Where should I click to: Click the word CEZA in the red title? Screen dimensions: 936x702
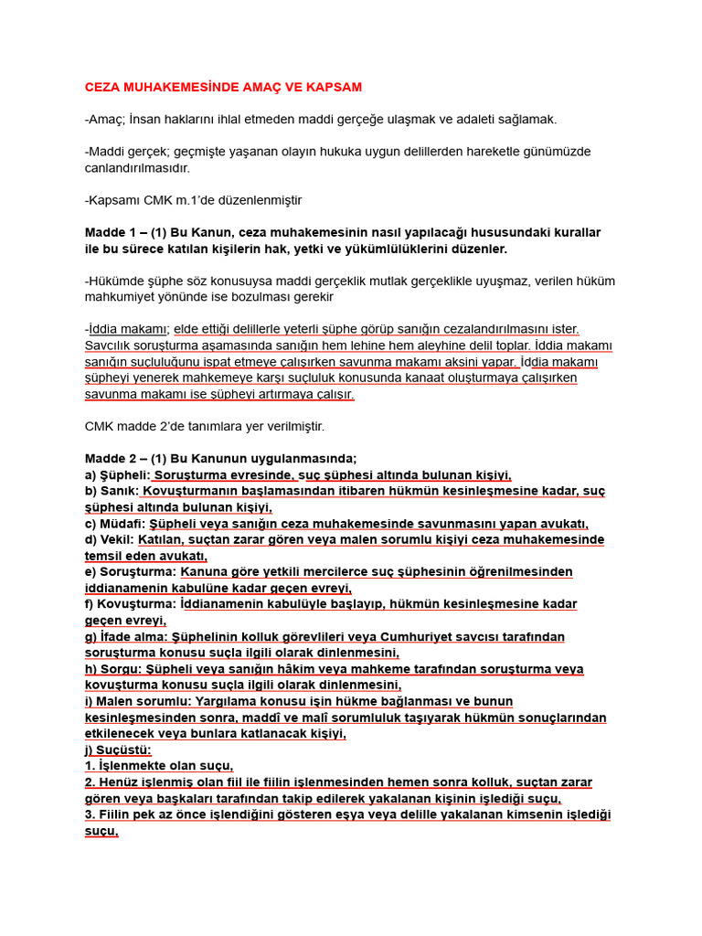103,87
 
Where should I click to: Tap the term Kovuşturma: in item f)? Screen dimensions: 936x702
136,604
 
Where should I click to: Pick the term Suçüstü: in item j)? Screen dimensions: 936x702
131,750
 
